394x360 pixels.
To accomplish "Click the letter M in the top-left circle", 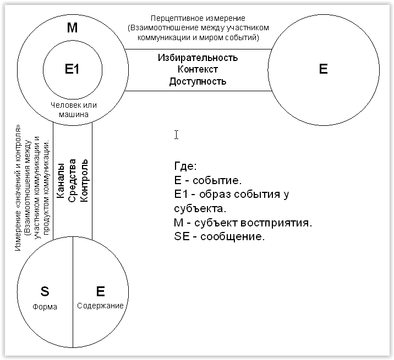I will pyautogui.click(x=73, y=28).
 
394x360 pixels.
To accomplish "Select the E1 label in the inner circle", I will pyautogui.click(x=73, y=69).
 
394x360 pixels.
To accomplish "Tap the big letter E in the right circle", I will pyautogui.click(x=323, y=69).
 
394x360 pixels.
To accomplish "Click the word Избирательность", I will pyautogui.click(x=198, y=58).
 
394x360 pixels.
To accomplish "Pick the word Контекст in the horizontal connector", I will pyautogui.click(x=198, y=69).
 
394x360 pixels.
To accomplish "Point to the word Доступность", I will pyautogui.click(x=198, y=81).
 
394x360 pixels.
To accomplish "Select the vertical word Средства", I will pyautogui.click(x=72, y=181).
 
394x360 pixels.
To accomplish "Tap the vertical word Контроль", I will pyautogui.click(x=84, y=180).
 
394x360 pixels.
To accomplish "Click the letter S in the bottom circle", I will pyautogui.click(x=46, y=291).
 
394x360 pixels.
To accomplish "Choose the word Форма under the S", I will pyautogui.click(x=46, y=307).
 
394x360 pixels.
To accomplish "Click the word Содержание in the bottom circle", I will pyautogui.click(x=100, y=306).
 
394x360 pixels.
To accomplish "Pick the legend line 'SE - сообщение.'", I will pyautogui.click(x=219, y=237).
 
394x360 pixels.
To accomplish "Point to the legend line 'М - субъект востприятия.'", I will pyautogui.click(x=243, y=223).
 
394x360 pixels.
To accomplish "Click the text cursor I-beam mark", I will pyautogui.click(x=176, y=135).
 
